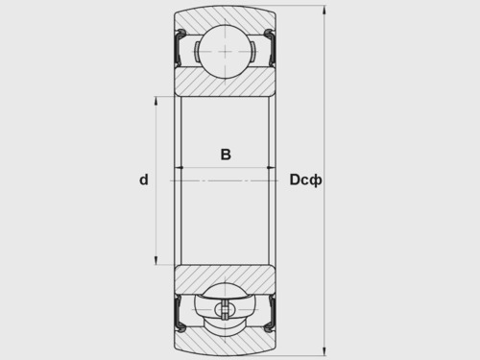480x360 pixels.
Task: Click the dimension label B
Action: tap(226, 155)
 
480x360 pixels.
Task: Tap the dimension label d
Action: tap(144, 180)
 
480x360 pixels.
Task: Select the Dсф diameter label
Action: tap(305, 180)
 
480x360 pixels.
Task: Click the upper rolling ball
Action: tap(226, 51)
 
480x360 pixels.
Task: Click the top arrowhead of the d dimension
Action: tap(156, 101)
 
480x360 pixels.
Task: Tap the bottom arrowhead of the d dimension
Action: tap(156, 261)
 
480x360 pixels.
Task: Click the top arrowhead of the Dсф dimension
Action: tap(324, 10)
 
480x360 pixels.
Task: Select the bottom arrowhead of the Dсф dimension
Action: tap(324, 351)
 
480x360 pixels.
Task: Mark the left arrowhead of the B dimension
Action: tap(180, 167)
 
